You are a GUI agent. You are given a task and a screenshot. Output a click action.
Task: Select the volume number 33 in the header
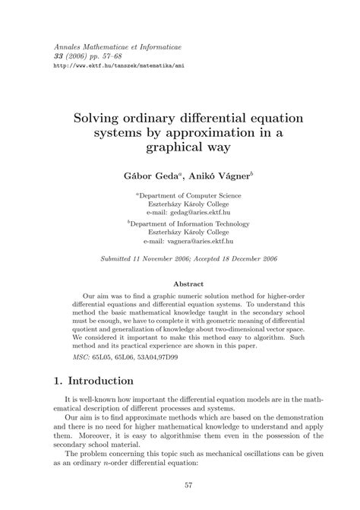pyautogui.click(x=55, y=56)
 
